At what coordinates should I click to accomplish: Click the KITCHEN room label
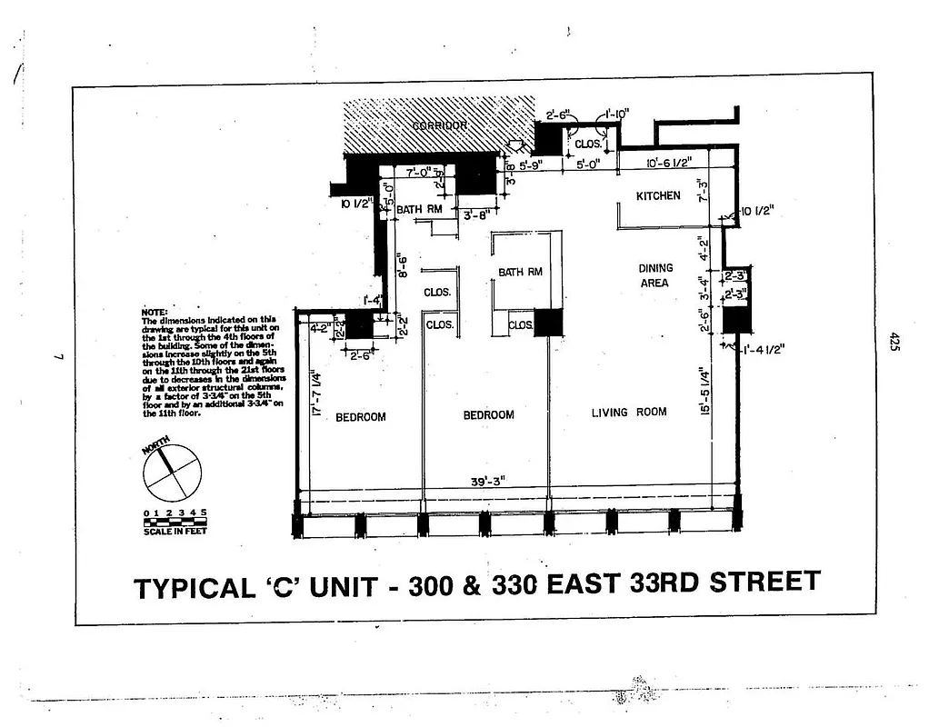657,195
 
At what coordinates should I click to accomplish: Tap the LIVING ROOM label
629,412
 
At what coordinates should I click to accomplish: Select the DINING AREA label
654,275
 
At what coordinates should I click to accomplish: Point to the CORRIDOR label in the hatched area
440,125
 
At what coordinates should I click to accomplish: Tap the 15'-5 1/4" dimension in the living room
704,393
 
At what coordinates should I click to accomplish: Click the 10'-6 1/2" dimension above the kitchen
668,163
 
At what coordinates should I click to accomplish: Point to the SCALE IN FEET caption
175,532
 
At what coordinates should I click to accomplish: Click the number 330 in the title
510,585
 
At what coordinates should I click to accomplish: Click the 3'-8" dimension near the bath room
477,216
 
